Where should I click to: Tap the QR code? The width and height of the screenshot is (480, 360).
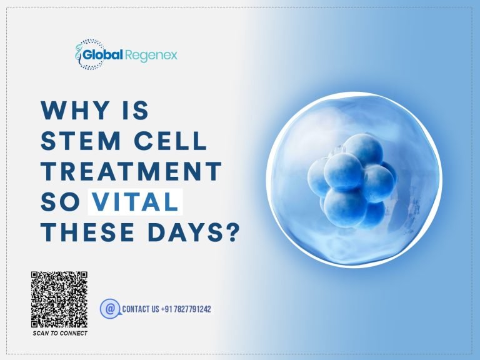[59, 299]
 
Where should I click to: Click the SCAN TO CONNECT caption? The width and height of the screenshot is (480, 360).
[60, 333]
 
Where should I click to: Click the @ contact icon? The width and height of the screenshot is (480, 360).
[109, 308]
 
